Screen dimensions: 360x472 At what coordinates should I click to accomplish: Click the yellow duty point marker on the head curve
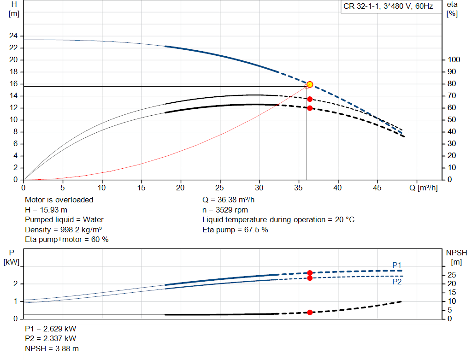[x=310, y=84]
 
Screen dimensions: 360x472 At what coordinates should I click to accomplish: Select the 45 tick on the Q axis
[x=377, y=188]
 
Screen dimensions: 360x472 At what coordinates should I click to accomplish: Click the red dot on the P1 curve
[x=310, y=273]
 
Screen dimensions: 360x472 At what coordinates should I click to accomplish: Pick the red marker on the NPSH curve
[x=310, y=313]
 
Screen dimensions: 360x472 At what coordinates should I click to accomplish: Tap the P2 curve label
[x=397, y=282]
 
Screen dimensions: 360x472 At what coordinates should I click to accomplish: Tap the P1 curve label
[x=397, y=265]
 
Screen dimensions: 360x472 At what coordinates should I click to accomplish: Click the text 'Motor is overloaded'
[x=59, y=200]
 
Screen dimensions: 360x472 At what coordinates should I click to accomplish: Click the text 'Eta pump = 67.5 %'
[x=235, y=230]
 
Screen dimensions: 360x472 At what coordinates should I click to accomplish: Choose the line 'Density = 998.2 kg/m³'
[x=63, y=230]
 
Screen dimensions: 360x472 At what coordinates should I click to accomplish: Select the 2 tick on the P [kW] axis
[x=15, y=284]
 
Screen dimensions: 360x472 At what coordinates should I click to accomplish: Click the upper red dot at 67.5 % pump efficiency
[x=310, y=99]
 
